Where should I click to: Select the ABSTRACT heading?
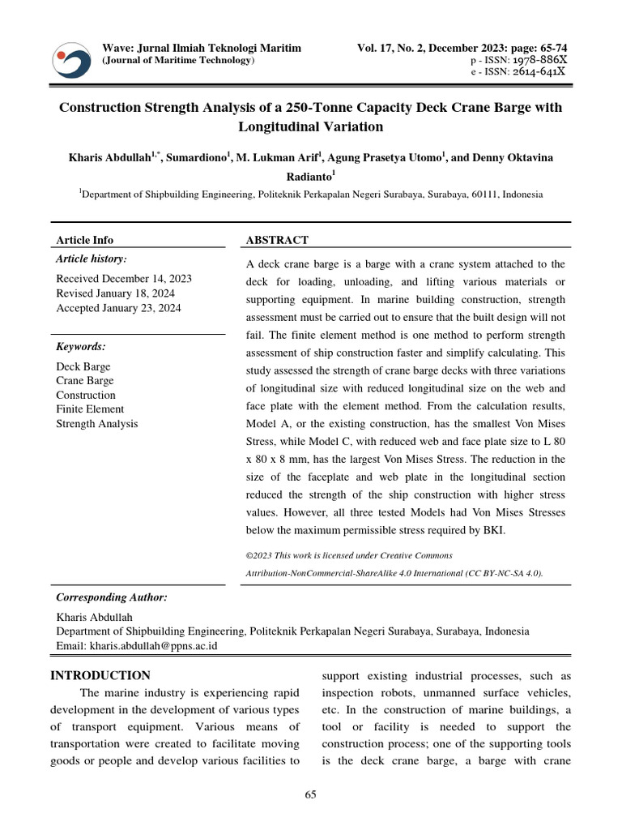click(276, 240)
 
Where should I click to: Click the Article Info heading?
click(84, 240)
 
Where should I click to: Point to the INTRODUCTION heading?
click(100, 675)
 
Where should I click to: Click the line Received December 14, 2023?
click(123, 279)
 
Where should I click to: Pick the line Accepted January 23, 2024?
click(118, 308)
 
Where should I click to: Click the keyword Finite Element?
click(90, 409)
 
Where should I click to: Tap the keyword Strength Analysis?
click(96, 424)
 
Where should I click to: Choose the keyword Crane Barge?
click(86, 381)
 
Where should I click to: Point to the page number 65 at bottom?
click(310, 795)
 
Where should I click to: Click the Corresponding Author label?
click(111, 597)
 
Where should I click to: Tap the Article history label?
click(91, 259)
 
